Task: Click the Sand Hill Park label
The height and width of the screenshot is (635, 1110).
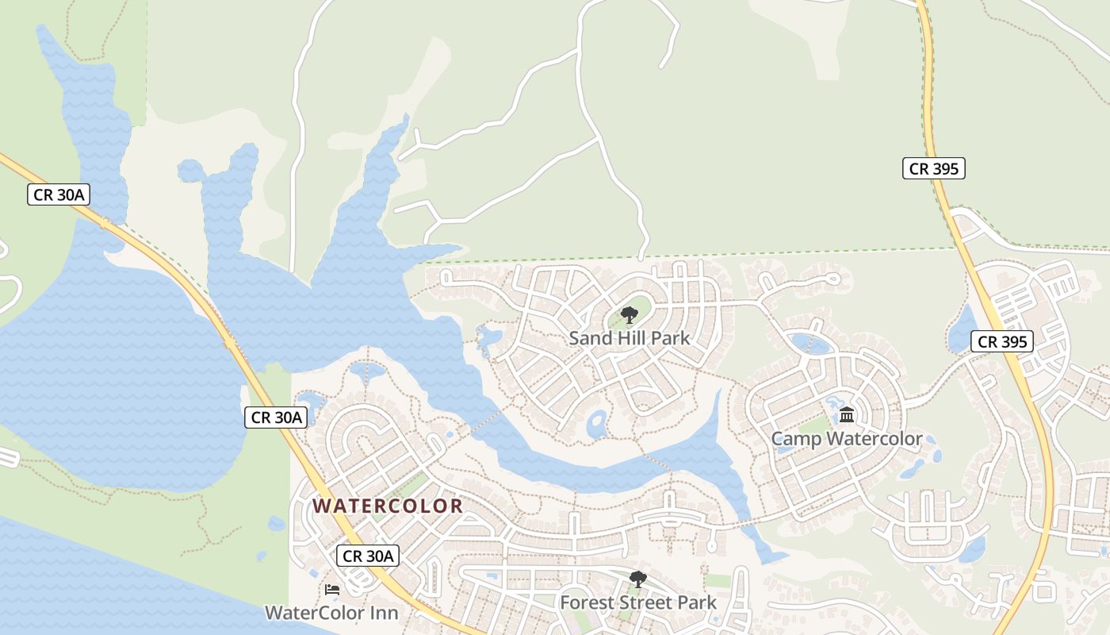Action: [x=630, y=338]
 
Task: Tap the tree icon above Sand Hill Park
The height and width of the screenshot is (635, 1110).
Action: [x=630, y=315]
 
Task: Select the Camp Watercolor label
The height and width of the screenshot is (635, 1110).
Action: [x=847, y=439]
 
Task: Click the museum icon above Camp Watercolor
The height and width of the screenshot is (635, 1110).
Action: [x=847, y=414]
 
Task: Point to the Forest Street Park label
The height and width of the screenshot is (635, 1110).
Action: [x=638, y=602]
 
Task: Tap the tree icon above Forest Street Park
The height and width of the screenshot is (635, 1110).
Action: [x=638, y=579]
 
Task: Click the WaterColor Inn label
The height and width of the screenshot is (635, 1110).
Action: [x=331, y=613]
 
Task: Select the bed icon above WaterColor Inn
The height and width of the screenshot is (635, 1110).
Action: [x=332, y=590]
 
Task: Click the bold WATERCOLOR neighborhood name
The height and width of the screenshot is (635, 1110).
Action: [x=388, y=506]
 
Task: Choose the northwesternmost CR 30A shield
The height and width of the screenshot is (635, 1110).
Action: [x=59, y=194]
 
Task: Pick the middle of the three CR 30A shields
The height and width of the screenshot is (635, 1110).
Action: [x=276, y=417]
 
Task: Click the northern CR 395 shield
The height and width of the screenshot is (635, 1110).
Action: [x=934, y=168]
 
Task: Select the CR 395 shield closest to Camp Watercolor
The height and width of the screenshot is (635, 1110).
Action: [x=1002, y=341]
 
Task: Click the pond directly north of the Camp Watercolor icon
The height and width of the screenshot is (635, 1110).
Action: [x=810, y=343]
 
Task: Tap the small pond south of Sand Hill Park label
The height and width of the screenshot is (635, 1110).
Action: [x=596, y=424]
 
